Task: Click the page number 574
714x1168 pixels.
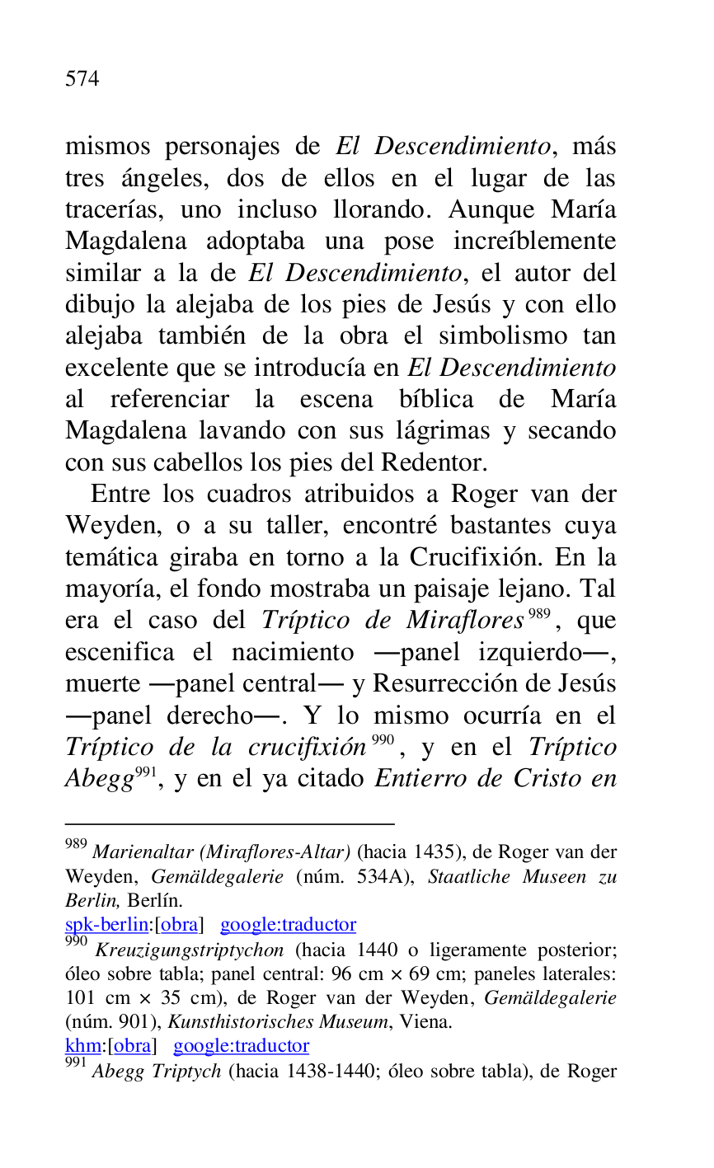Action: (82, 79)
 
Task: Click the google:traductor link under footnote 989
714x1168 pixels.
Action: (288, 925)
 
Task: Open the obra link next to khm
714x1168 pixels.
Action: (131, 1046)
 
